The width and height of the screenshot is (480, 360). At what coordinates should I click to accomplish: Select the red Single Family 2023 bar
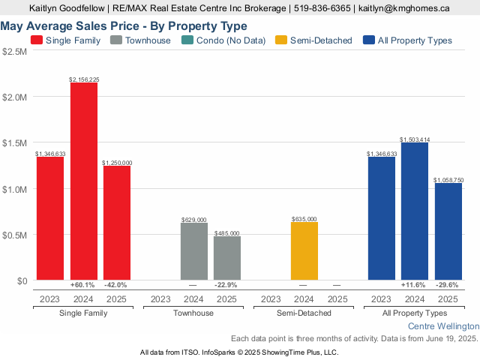tap(50, 218)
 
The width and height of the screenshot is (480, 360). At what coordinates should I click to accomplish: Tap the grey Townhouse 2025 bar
tap(227, 258)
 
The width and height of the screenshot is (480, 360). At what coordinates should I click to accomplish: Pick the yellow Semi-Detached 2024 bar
tap(304, 251)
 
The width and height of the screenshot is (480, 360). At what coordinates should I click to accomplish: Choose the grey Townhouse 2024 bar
tap(193, 251)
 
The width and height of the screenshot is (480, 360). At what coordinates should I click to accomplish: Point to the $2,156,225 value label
tap(84, 79)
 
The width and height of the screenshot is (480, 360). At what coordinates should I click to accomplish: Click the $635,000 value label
tap(304, 219)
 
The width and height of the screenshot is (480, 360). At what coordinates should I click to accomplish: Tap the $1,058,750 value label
tap(448, 180)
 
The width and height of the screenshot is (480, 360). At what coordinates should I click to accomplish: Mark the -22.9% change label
tap(227, 285)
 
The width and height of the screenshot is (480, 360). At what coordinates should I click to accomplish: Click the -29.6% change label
tap(448, 285)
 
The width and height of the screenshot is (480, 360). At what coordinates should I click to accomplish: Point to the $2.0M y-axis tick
tap(15, 97)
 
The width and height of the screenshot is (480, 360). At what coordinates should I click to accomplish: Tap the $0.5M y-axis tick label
tap(15, 235)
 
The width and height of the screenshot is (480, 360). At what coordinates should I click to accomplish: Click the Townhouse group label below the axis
tap(193, 313)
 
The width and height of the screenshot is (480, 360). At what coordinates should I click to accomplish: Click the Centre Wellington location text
tap(442, 327)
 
